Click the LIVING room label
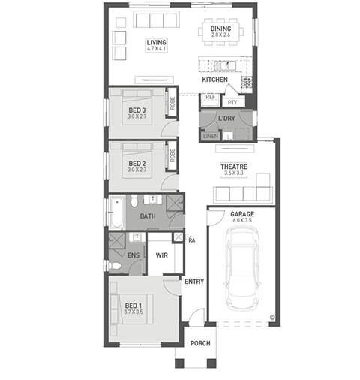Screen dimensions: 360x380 point(157,42)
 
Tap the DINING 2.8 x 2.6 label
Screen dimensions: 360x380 point(220,32)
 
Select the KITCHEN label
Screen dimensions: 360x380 point(214,80)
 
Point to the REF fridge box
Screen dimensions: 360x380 point(210,100)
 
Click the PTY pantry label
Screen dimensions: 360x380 point(232,102)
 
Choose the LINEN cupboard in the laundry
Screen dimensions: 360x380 point(211,136)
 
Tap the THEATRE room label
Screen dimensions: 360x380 point(234,167)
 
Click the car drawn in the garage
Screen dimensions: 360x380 point(242,269)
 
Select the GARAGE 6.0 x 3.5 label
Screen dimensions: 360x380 point(242,217)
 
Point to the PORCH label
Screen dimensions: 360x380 point(200,343)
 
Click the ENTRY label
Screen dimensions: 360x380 point(194,282)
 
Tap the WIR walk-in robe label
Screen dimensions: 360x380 point(161,255)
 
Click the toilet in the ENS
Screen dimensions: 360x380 point(114,266)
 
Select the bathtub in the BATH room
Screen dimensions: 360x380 point(117,213)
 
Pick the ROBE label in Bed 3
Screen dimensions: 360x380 point(172,103)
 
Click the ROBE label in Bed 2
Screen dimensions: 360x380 point(172,155)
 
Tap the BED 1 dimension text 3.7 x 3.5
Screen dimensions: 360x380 point(133,312)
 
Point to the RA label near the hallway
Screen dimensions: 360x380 point(192,240)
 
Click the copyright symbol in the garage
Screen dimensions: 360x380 point(272,318)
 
